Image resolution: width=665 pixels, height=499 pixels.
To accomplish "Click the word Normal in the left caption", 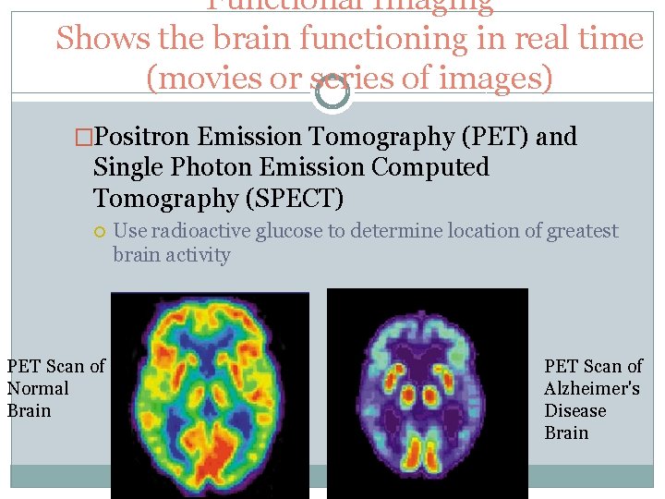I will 38,388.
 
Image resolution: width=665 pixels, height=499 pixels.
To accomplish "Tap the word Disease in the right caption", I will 575,410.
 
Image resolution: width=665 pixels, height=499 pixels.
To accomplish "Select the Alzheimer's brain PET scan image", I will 427,394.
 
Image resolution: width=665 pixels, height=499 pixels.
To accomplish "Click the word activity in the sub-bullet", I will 198,254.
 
